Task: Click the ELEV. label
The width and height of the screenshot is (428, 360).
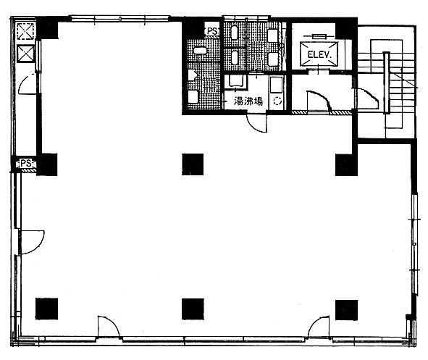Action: [319, 54]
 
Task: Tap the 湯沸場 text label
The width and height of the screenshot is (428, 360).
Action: [248, 101]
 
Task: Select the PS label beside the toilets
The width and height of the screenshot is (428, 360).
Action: [212, 31]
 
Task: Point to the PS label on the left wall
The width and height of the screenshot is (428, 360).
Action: [26, 163]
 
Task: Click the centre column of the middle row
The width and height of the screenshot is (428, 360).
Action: [193, 164]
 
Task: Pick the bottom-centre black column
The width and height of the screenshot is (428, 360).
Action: [193, 309]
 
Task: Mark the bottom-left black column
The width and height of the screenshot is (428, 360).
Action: [46, 309]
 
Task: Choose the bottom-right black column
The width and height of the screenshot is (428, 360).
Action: [346, 310]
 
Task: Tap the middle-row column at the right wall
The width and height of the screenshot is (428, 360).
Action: [346, 165]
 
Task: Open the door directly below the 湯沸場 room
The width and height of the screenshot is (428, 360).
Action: [257, 123]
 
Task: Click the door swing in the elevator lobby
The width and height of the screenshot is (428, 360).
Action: [319, 101]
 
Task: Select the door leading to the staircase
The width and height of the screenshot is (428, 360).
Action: [367, 99]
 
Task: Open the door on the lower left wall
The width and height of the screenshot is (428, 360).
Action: [31, 243]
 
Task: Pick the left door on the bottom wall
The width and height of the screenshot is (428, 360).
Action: [109, 327]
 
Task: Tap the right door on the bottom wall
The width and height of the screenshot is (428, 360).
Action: [319, 327]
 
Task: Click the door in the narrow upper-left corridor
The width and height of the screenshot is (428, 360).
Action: [28, 84]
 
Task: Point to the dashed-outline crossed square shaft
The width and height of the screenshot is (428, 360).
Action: [26, 31]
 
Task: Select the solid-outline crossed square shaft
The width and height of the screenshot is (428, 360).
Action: [26, 54]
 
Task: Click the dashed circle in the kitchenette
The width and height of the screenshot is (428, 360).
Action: [277, 101]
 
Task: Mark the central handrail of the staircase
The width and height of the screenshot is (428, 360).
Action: [386, 83]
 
